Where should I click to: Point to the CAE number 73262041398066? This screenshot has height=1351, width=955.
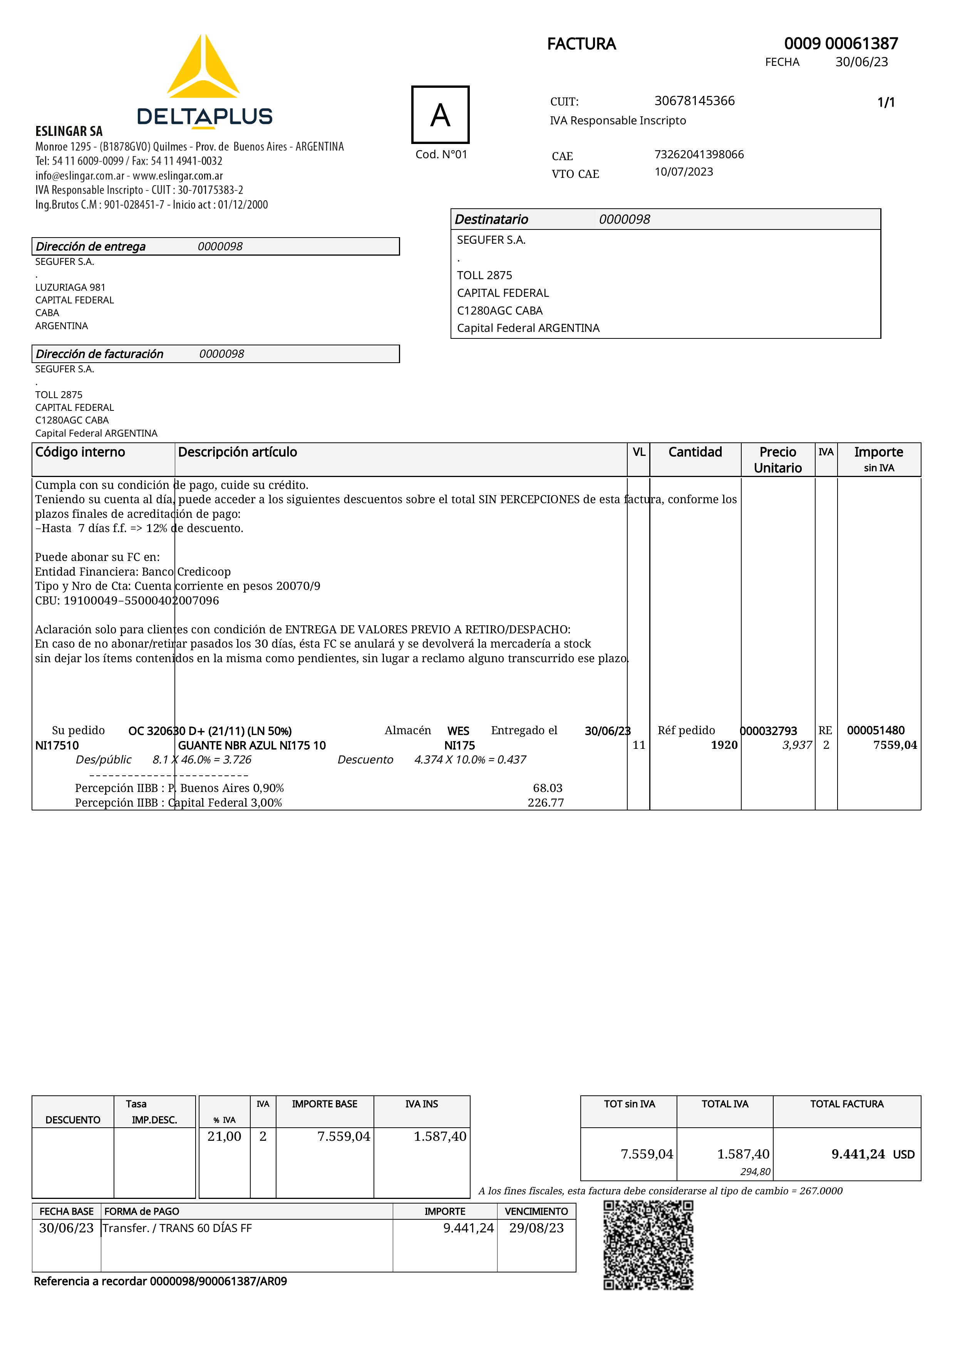coord(699,154)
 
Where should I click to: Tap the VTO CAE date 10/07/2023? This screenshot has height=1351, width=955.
coord(684,172)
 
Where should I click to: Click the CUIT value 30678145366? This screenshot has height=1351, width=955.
coord(694,100)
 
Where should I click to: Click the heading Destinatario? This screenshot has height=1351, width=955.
coord(491,219)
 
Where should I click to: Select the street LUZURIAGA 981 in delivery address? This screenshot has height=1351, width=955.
coord(70,287)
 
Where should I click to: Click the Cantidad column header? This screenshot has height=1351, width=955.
coord(695,452)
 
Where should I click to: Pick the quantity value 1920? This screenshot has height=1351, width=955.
coord(724,745)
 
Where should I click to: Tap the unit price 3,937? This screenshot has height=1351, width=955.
coord(797,745)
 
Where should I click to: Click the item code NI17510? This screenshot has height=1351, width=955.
coord(57,745)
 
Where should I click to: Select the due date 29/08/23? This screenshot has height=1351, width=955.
coord(536,1228)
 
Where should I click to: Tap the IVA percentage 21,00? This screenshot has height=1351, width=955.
coord(224,1136)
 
